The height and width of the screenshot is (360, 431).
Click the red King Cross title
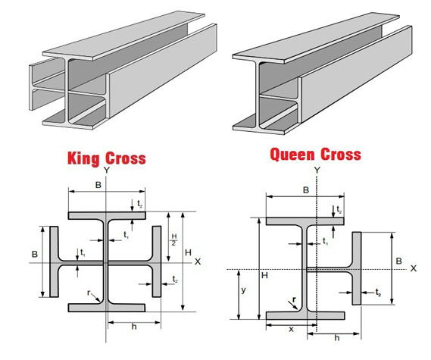click(107, 158)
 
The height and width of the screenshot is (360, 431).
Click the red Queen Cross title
click(316, 155)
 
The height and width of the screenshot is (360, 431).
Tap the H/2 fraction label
click(174, 239)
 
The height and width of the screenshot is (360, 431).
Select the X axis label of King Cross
click(198, 261)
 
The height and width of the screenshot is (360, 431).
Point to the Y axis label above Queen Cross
click(317, 171)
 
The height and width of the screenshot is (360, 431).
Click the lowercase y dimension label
click(244, 290)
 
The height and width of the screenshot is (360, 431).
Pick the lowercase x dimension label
click(292, 329)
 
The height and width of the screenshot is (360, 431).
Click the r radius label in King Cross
click(89, 293)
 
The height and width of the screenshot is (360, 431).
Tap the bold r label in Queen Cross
click(294, 299)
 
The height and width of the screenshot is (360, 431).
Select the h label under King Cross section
click(134, 327)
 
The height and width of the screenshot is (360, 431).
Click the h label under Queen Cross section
click(337, 338)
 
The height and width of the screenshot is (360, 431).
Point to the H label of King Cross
click(189, 252)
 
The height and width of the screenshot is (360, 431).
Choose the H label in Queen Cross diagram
click(264, 275)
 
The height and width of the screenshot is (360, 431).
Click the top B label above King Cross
click(98, 185)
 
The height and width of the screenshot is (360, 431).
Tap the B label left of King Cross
click(35, 254)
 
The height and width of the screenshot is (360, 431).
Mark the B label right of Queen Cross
click(399, 261)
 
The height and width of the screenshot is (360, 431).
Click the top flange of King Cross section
click(107, 215)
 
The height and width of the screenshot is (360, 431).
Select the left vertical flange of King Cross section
click(54, 261)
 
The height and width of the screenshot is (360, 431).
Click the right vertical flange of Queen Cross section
click(357, 268)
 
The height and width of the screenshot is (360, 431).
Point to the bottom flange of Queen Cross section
click(305, 316)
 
